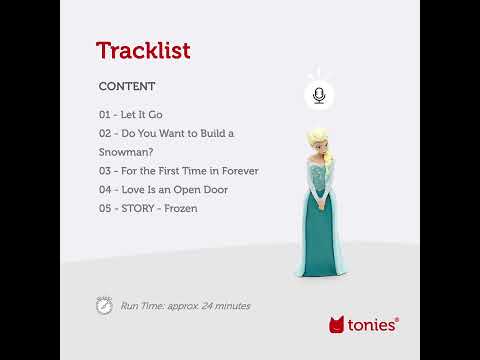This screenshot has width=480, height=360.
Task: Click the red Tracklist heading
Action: click(142, 50)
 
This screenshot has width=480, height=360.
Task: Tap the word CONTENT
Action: click(127, 87)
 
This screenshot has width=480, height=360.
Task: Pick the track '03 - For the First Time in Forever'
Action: click(178, 171)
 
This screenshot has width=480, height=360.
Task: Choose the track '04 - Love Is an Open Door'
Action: click(163, 189)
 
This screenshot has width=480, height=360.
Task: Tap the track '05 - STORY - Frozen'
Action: click(148, 208)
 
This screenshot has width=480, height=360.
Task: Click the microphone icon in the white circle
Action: click(318, 95)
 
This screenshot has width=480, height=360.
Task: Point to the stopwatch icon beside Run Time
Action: click(104, 305)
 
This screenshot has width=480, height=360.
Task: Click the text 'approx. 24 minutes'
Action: click(209, 306)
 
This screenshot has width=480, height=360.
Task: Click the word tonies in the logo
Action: click(373, 324)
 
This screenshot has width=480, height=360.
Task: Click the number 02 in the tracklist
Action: click(105, 133)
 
